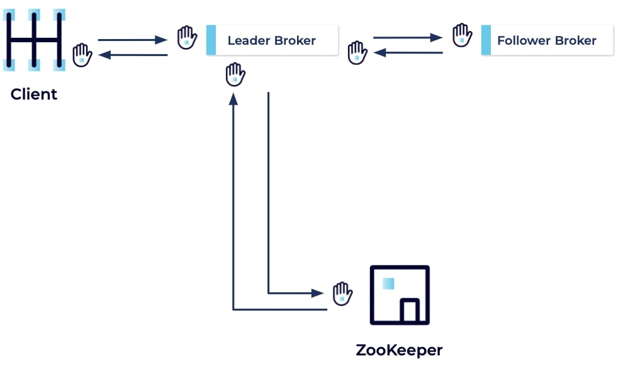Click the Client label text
[34, 95]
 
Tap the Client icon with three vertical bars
[35, 40]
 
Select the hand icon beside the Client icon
[82, 55]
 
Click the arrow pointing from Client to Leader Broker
[132, 40]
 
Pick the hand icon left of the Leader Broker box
[187, 37]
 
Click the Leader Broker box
[272, 40]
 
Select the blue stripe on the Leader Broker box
[211, 40]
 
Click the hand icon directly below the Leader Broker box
[235, 74]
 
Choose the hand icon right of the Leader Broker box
[357, 52]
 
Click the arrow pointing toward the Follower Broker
[408, 38]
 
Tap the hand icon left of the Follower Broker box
[462, 35]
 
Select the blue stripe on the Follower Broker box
[486, 40]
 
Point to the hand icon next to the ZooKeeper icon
[342, 292]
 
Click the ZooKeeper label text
[399, 350]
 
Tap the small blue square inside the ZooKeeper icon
[388, 284]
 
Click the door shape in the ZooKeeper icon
[410, 311]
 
